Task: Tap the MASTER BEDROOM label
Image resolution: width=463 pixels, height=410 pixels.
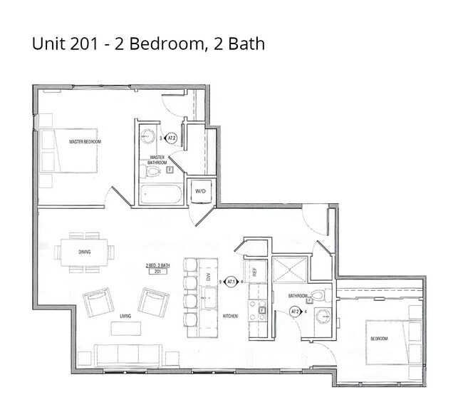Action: coord(85,142)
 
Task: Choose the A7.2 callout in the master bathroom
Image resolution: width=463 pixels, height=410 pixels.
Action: coord(171,138)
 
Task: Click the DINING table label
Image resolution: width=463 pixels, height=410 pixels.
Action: coord(85,252)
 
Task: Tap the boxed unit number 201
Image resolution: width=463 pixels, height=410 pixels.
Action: coord(155,272)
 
